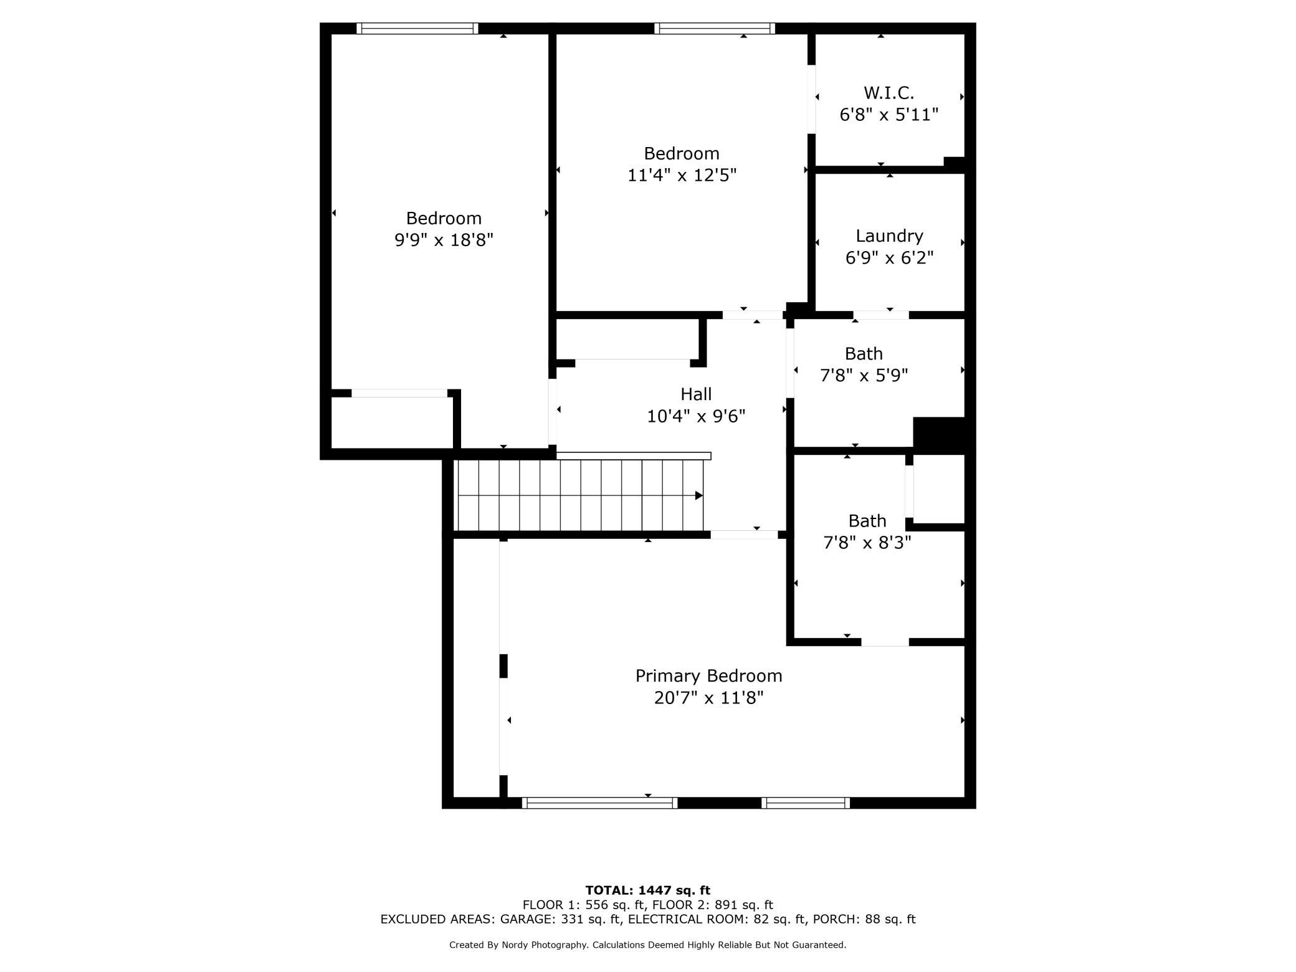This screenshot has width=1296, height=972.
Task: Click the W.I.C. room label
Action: coord(889,93)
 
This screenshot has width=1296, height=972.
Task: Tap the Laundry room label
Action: coord(889,236)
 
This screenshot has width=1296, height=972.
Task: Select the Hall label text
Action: coord(696,394)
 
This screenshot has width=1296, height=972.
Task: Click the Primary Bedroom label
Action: coord(708,676)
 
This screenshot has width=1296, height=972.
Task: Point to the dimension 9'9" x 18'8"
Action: coord(444,240)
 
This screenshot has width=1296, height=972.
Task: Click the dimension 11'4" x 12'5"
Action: coord(682,175)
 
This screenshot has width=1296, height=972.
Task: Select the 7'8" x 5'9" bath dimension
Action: coord(864,376)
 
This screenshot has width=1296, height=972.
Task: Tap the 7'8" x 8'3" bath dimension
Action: coord(867,543)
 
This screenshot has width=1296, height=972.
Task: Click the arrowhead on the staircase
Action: coord(699,496)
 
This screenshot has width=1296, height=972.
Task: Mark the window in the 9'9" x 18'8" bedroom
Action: coord(417,28)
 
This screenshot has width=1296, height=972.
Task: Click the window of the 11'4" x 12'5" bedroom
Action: coord(715,28)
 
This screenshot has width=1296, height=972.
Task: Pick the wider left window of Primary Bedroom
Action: coord(599,803)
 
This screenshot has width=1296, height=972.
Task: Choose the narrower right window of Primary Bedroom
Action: coord(806,803)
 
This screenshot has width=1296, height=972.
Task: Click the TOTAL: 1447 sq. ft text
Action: coord(648,890)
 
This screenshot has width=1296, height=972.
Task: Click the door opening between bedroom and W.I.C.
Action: coord(811,99)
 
